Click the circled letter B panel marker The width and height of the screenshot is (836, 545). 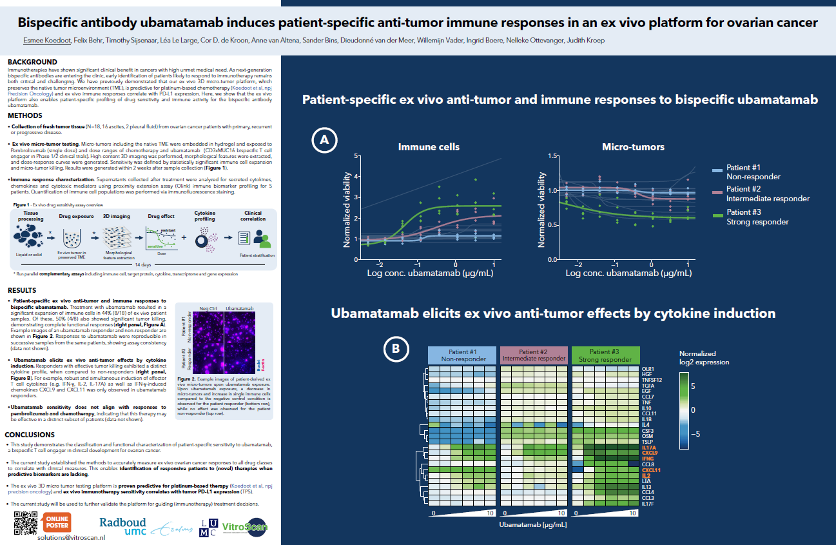click(395, 349)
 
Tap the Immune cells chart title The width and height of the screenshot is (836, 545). click(429, 147)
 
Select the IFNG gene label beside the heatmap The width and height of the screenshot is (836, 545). click(648, 459)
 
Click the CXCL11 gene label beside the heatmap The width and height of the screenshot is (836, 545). click(651, 470)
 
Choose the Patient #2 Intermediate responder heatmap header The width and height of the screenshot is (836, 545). click(534, 355)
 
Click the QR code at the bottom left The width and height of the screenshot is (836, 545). click(25, 523)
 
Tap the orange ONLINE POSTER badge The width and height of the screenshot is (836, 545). click(57, 522)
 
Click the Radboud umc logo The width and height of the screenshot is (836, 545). click(122, 526)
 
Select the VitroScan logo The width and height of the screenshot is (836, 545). click(244, 528)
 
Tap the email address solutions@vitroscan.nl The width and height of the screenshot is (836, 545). click(68, 537)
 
